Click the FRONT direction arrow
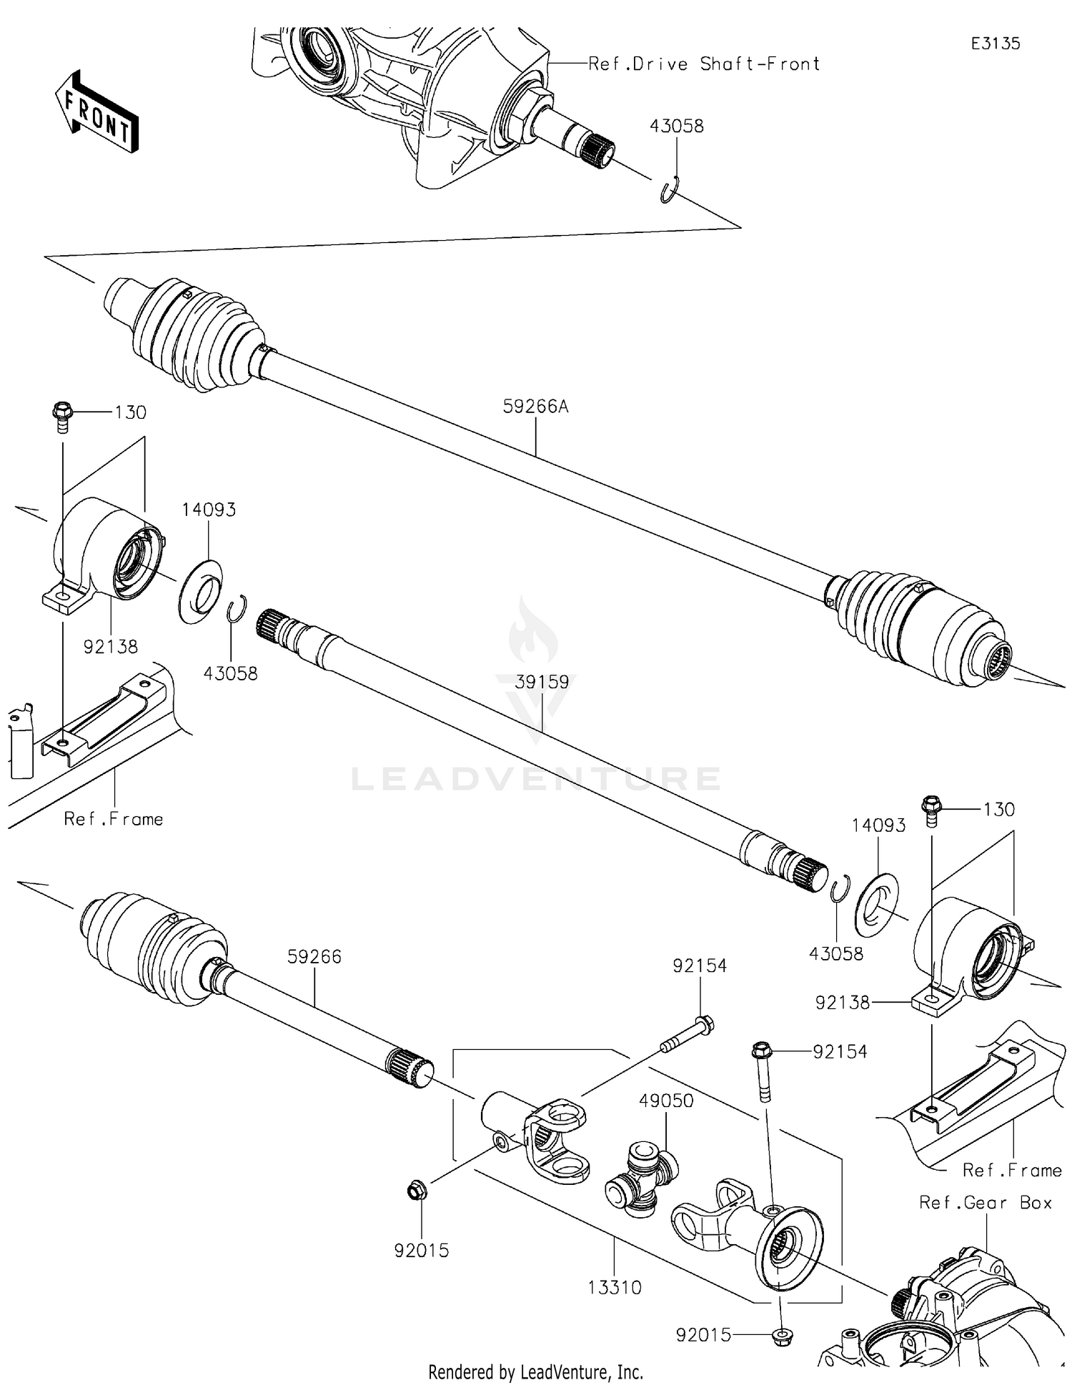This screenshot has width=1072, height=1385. point(97,113)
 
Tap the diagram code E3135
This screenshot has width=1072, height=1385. point(995,44)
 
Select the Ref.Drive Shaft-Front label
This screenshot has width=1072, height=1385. point(703,64)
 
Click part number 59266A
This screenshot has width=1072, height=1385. point(535,407)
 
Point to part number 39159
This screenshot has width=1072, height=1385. point(542,682)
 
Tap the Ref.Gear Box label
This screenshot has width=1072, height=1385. point(986,1203)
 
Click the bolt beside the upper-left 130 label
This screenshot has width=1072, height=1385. point(61,417)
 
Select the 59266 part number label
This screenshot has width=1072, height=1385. point(314,956)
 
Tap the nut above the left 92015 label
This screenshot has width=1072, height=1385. point(415,1191)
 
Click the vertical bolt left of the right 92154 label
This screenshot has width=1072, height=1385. point(763,1074)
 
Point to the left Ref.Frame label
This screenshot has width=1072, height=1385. point(113,819)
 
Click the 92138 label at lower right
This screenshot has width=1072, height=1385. point(843,1003)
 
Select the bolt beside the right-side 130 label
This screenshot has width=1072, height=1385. point(930,811)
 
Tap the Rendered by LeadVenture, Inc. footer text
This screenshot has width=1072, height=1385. point(535,1372)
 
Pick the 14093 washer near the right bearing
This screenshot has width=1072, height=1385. point(877,905)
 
